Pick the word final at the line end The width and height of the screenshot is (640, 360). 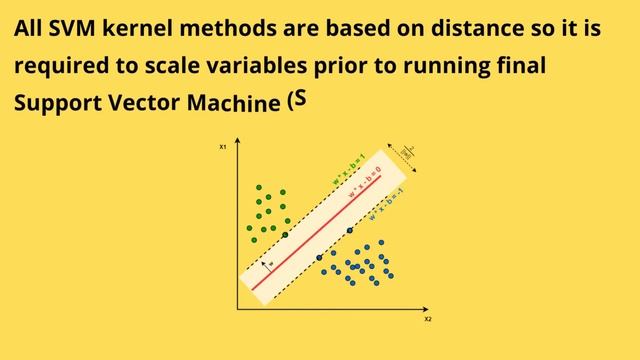[x=525, y=67]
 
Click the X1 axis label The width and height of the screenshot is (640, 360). [x=223, y=147]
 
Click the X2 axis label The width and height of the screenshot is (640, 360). [x=428, y=320]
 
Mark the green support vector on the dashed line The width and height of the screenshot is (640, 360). [x=285, y=234]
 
